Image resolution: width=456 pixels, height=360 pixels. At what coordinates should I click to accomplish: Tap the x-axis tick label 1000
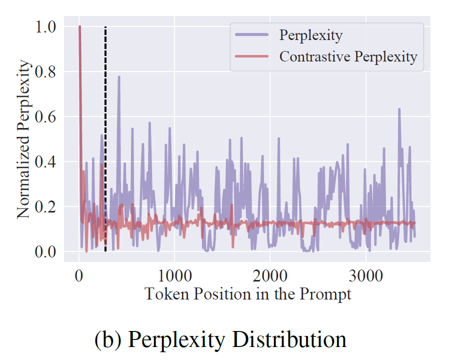(174, 275)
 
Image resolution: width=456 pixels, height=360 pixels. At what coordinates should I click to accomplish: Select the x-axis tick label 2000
(269, 275)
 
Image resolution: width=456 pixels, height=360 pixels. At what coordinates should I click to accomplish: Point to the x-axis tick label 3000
(365, 275)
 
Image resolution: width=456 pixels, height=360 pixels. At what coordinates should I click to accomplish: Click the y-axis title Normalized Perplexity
(23, 139)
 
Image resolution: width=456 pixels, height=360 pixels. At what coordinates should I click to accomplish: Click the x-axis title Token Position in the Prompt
(247, 294)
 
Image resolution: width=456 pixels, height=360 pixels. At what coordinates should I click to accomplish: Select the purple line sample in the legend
(252, 36)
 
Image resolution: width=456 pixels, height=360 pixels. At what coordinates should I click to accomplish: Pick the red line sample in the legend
(252, 56)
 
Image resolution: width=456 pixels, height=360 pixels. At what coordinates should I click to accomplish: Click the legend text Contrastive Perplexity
(348, 56)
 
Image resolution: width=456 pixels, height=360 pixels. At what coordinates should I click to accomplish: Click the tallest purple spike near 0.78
(119, 77)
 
